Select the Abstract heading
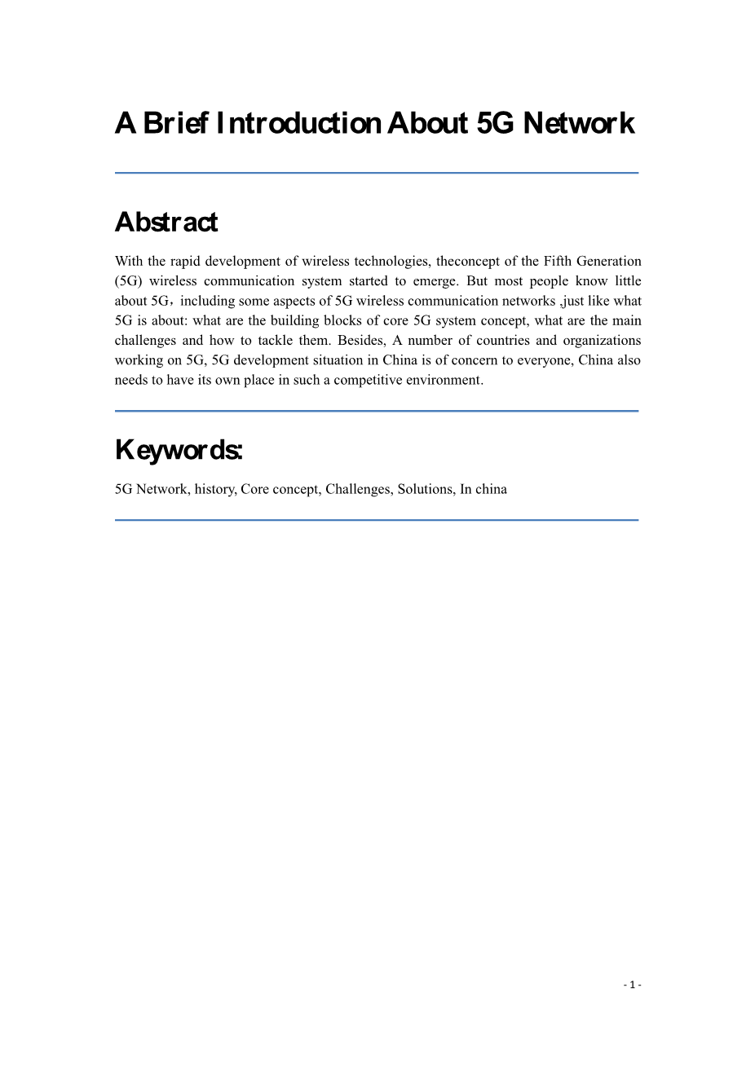coord(166,223)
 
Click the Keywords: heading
coord(179,450)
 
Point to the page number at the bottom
coord(633,985)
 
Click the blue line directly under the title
coord(377,173)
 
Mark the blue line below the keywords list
coord(377,520)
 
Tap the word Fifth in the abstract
coord(558,262)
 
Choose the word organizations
coord(602,341)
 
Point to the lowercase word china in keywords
coord(491,489)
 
